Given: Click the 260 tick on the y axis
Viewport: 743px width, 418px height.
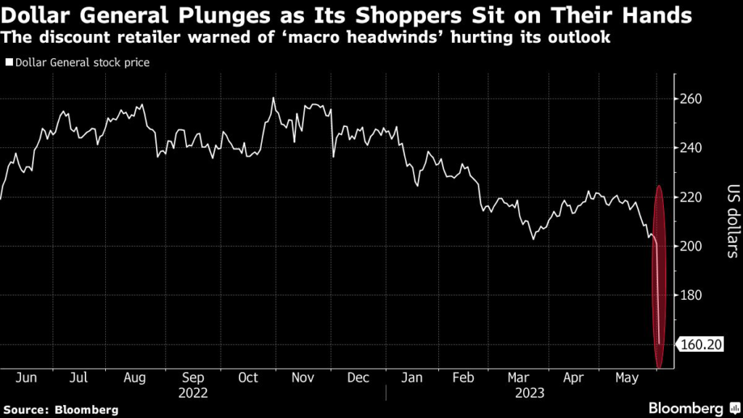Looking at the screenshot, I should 693,99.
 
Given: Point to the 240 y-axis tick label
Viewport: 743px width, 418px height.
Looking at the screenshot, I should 693,148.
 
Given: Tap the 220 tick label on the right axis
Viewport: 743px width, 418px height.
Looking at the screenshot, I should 693,197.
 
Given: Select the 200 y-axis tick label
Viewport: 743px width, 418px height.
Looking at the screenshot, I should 693,247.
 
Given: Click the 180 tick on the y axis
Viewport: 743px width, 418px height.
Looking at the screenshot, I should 693,296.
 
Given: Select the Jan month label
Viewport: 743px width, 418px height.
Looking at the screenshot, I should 414,378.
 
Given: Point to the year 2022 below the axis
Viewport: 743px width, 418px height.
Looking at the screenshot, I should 193,393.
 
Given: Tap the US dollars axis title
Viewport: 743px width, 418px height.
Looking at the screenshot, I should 731,222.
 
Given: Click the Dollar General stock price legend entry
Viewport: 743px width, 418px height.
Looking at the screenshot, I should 81,63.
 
